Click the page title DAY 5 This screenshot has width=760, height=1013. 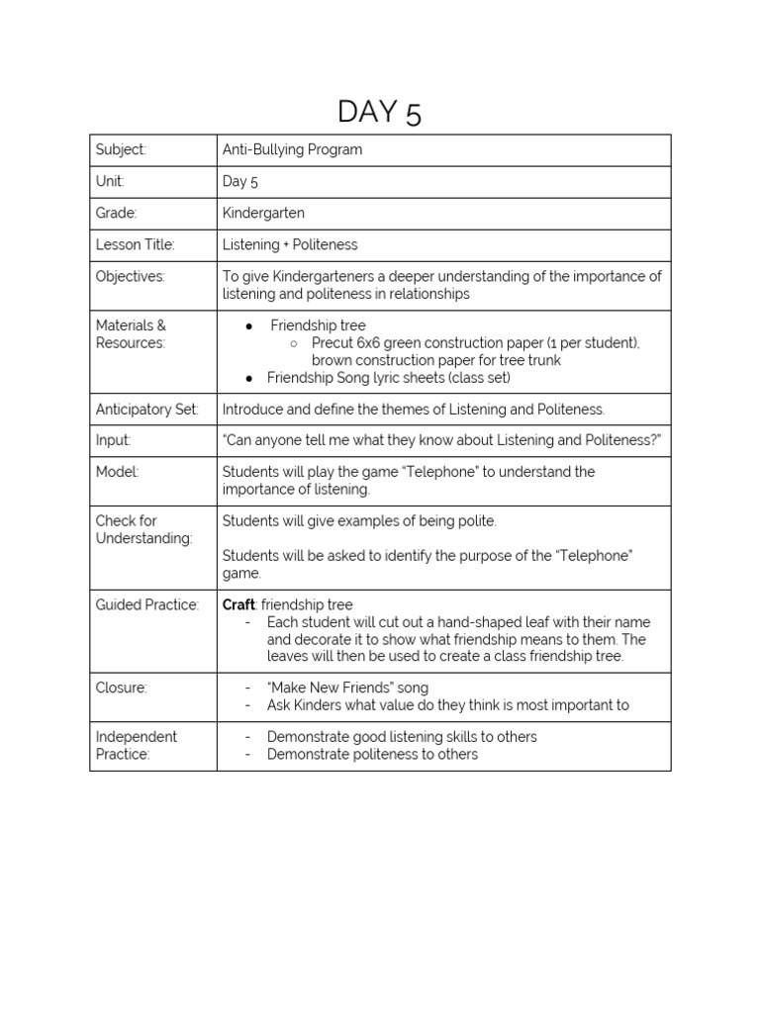coord(379,113)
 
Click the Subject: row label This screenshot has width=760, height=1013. coord(121,150)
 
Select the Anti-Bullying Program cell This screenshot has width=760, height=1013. coord(292,150)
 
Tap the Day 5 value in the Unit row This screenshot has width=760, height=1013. coord(239,181)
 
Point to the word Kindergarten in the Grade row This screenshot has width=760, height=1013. coord(263,213)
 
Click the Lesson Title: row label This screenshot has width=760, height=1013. coord(135,244)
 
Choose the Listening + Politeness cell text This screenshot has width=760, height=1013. coord(290,244)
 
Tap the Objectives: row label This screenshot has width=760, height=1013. coord(131,276)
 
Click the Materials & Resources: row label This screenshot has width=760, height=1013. coord(131,333)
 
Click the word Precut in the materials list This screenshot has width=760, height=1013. coord(332,342)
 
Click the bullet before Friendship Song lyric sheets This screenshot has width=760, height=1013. coord(249,378)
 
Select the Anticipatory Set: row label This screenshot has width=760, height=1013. coord(146,409)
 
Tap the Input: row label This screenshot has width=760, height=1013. coord(113,440)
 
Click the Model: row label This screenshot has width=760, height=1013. coord(117,472)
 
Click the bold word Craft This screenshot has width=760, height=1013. coord(238,604)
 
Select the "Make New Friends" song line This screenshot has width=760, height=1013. coord(347,688)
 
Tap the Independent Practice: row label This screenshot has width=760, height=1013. coord(137,745)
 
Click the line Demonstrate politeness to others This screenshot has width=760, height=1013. coord(372,754)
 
